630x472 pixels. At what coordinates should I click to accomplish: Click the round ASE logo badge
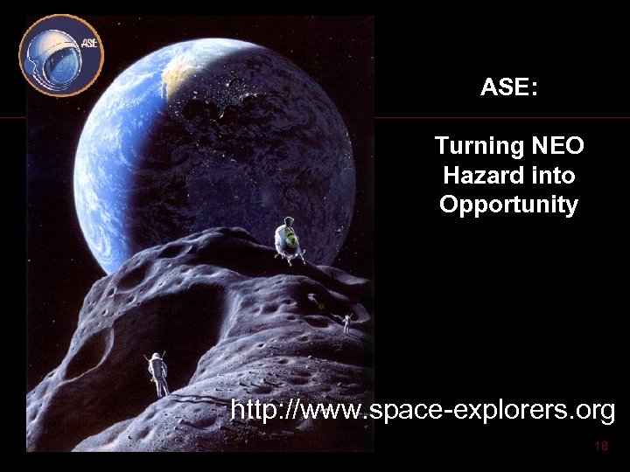pos(61,55)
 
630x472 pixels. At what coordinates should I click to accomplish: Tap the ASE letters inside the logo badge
pos(88,43)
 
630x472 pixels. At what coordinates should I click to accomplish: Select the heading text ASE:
pos(508,87)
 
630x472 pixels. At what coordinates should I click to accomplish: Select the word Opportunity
pos(508,205)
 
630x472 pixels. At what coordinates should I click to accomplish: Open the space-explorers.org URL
pos(422,409)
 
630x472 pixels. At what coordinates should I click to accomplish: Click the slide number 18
pos(600,447)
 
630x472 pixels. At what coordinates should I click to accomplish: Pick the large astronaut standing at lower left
pos(158,373)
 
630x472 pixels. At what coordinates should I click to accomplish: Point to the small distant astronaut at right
pos(346,323)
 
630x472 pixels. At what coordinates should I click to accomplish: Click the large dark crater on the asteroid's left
pos(87,350)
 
